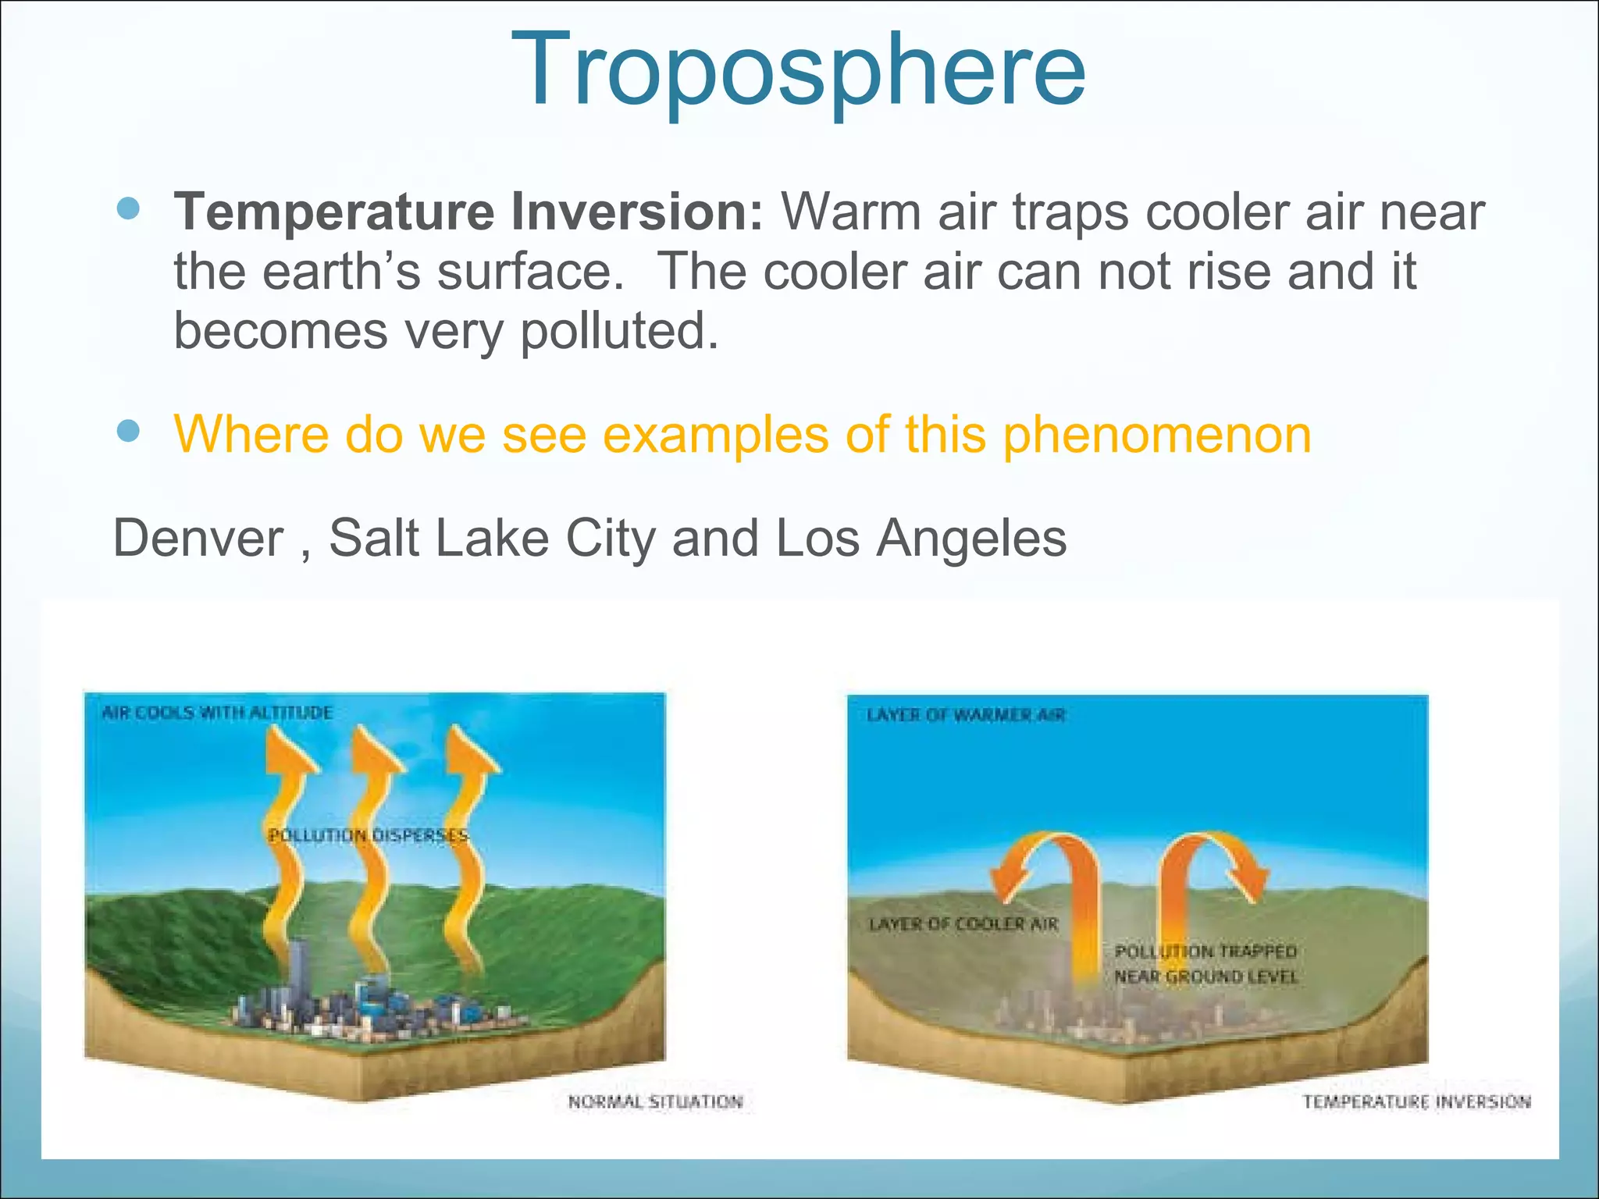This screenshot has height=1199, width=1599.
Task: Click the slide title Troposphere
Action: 798,70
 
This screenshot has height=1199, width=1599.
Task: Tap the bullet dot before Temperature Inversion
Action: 128,208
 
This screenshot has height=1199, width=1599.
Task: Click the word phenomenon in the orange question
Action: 1156,434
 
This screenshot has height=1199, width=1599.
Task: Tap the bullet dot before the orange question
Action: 128,431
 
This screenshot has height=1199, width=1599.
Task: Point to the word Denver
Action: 198,539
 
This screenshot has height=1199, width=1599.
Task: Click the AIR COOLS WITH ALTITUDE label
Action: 217,713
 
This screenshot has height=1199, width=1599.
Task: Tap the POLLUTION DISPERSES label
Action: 368,836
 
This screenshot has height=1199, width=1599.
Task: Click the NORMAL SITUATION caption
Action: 655,1101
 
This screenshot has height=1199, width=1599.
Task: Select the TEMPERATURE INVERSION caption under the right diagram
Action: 1416,1101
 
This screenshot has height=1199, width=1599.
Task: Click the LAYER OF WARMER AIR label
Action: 966,715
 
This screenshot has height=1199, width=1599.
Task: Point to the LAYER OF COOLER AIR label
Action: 963,924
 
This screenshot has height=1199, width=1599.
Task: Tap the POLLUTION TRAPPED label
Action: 1205,952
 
